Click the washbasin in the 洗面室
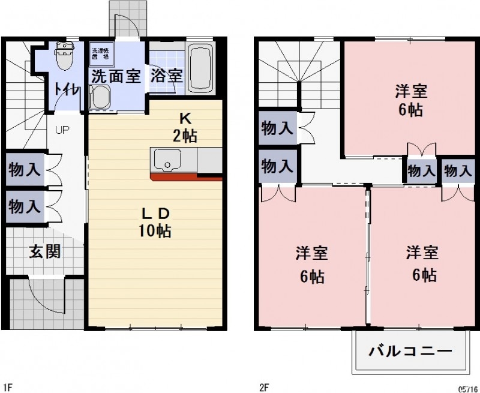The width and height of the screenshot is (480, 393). point(101,98)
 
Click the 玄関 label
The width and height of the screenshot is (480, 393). point(44,251)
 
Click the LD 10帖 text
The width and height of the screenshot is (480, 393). point(157,222)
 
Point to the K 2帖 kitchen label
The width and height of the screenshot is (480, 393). point(185,127)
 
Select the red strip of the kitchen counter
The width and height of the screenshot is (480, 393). point(186,178)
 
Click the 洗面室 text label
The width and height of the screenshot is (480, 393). point(116,77)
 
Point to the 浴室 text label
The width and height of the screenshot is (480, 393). point(166,76)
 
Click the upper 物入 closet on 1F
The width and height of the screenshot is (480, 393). point(25,169)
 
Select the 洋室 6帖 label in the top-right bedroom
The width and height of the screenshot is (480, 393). point(410,101)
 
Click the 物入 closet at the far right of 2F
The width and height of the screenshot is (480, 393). point(458,170)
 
